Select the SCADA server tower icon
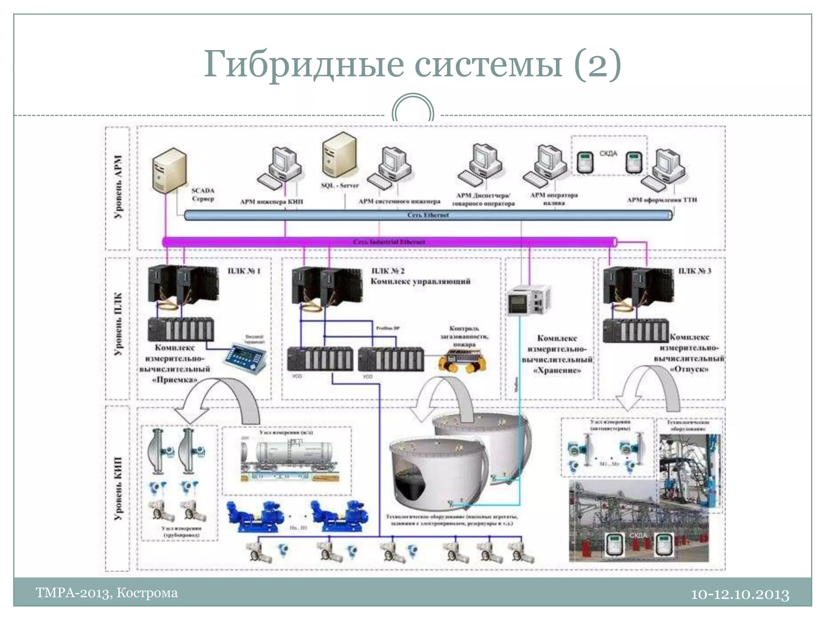[169, 170]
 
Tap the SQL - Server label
[340, 185]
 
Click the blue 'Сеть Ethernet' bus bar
[428, 215]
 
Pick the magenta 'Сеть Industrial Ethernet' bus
[389, 242]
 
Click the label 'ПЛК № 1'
[244, 271]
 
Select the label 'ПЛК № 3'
[695, 271]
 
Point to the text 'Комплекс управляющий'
[420, 281]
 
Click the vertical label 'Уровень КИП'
[118, 488]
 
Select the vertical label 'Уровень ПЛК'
[118, 324]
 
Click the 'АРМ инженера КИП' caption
[271, 201]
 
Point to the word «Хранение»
[557, 370]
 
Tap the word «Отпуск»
[689, 369]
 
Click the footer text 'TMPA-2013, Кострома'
[106, 593]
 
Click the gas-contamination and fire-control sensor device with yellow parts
[462, 360]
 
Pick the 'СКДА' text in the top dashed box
[608, 153]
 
